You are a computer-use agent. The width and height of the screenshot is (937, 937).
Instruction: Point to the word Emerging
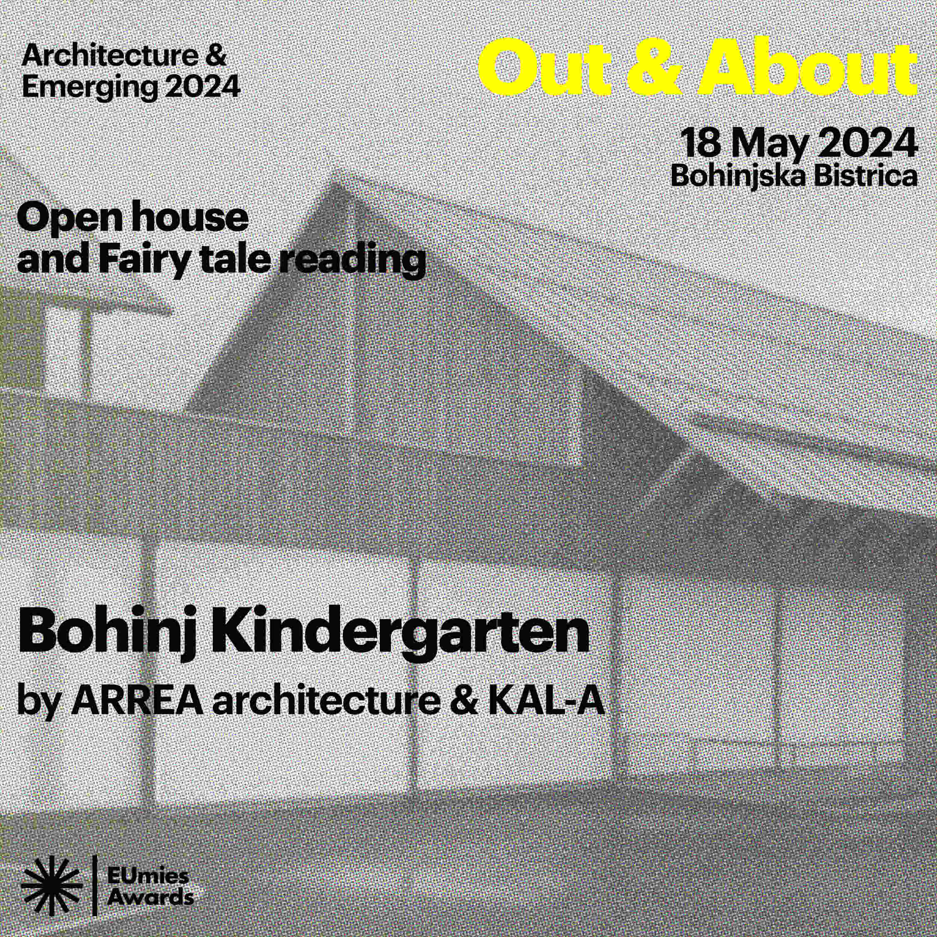90,88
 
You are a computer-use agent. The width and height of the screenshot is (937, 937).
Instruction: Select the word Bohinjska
738,177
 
